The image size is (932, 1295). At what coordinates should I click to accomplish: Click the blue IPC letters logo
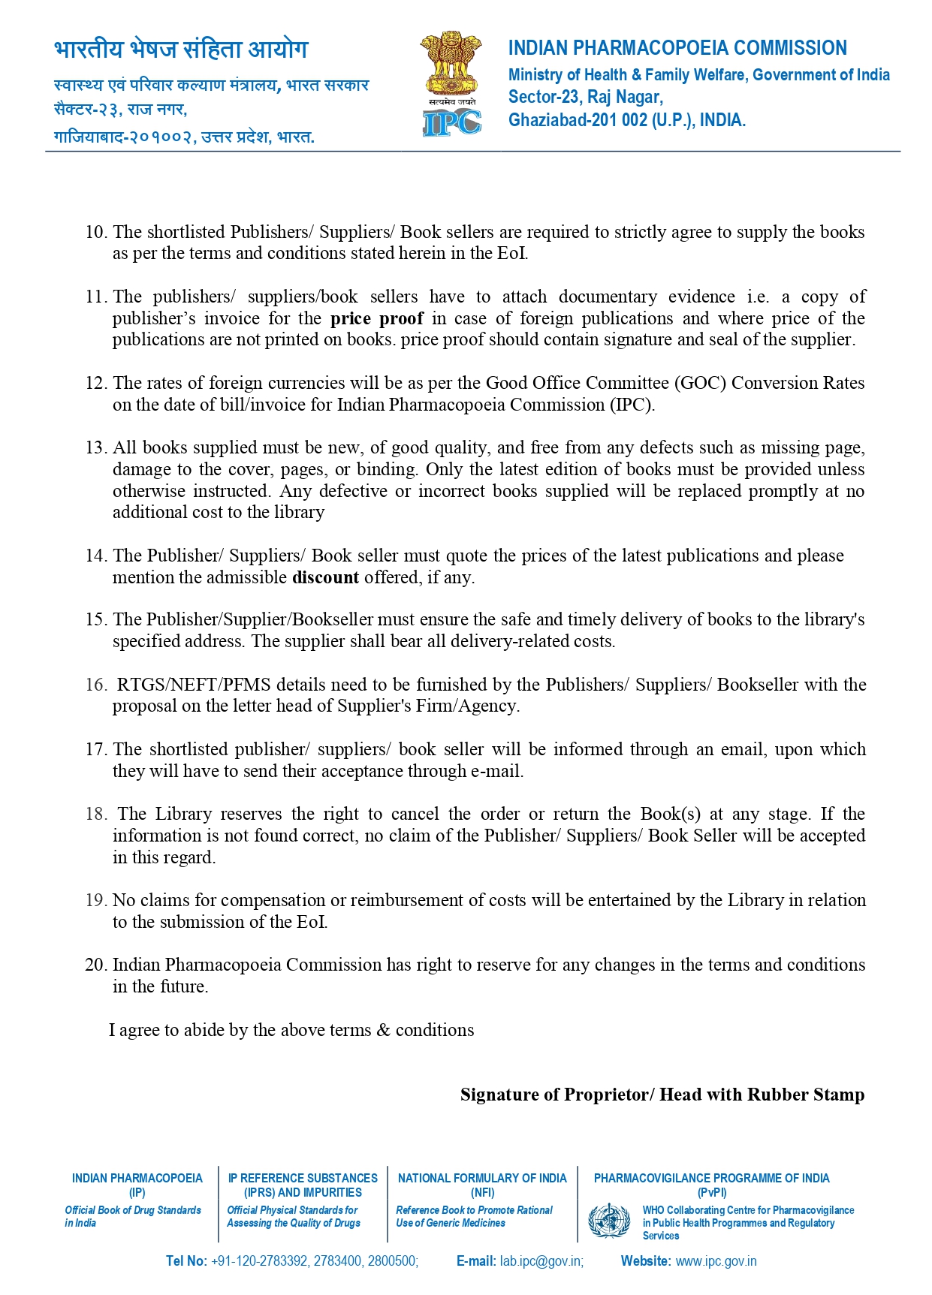coord(451,122)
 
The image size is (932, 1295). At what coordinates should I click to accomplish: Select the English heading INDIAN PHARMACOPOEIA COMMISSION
coord(677,48)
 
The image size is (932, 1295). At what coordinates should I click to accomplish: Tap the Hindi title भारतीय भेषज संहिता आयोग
coord(181,50)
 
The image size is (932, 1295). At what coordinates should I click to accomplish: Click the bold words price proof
coord(376,318)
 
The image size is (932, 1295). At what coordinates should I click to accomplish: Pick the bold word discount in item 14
coord(325,577)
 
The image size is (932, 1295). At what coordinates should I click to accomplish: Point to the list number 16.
coord(95,685)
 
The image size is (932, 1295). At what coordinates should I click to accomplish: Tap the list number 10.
coord(95,232)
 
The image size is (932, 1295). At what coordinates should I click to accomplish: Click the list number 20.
coord(95,965)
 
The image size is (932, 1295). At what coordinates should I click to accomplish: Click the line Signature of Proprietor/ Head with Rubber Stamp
coord(662,1095)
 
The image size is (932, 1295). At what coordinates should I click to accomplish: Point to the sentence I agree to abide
coord(291,1030)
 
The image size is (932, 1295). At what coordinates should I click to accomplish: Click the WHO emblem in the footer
coord(609,1221)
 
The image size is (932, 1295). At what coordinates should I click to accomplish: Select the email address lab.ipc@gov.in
coord(541,1261)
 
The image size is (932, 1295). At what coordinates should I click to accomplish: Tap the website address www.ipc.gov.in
coord(716,1261)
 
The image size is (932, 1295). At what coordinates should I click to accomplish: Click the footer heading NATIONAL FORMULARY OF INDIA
coord(481,1179)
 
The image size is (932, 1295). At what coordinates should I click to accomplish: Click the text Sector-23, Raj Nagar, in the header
coord(585,97)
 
